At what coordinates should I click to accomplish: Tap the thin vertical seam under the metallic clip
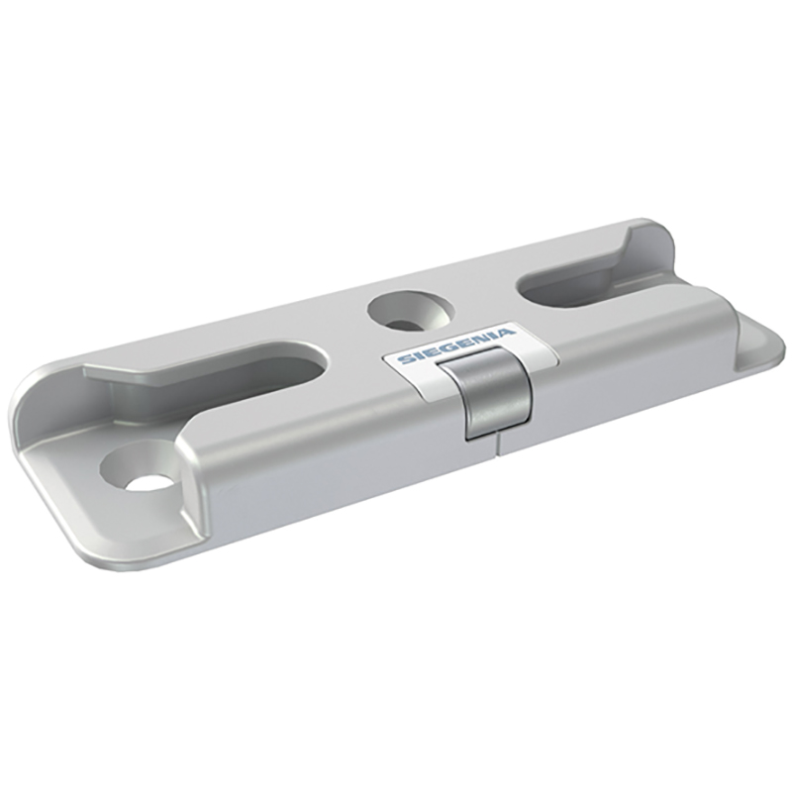[x=498, y=445]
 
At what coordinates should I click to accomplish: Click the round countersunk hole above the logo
[x=411, y=312]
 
